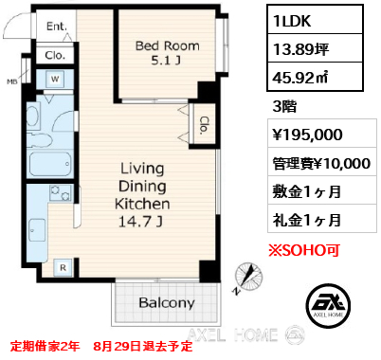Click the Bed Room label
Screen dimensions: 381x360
click(168, 46)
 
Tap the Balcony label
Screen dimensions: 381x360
click(167, 303)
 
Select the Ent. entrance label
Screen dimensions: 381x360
click(57, 27)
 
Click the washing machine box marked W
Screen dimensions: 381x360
click(55, 79)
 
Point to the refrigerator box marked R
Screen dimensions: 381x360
click(63, 268)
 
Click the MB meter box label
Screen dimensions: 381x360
click(12, 82)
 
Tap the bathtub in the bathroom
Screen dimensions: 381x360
click(50, 164)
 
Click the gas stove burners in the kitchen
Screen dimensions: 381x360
click(60, 192)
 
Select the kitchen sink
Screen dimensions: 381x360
click(37, 230)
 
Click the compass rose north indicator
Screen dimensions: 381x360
click(249, 277)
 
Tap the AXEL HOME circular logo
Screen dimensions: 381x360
click(328, 306)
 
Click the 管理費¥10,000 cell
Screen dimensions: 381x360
click(322, 162)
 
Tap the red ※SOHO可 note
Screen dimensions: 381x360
click(304, 250)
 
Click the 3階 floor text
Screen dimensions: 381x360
click(284, 106)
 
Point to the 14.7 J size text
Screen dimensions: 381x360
click(140, 222)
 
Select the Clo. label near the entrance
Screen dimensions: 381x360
click(55, 56)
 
